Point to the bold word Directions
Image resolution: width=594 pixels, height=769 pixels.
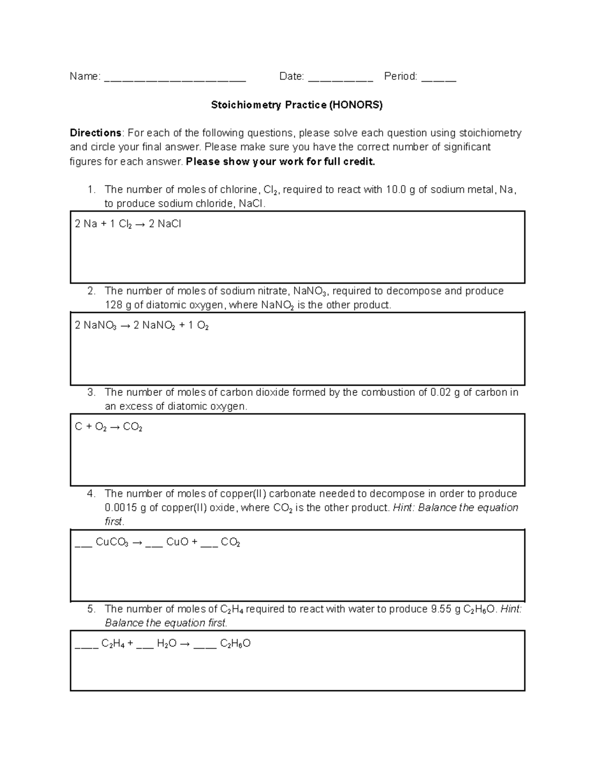(x=96, y=133)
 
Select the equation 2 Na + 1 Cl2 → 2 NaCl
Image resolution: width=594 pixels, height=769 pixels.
(x=128, y=224)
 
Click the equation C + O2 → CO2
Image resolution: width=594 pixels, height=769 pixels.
(x=108, y=427)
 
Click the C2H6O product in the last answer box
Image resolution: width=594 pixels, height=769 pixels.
(x=235, y=644)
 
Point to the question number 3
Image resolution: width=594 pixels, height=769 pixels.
(x=91, y=393)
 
